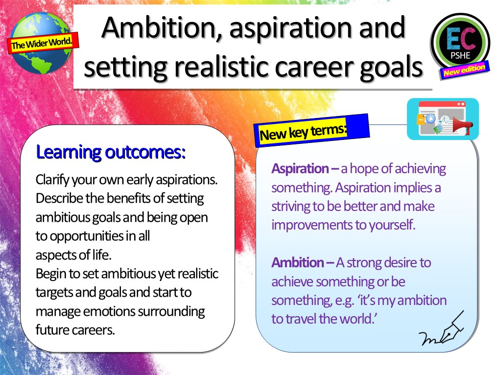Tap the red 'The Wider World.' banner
click(x=43, y=43)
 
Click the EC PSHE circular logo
click(x=460, y=43)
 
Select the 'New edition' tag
click(x=464, y=70)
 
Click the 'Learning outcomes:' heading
click(x=111, y=152)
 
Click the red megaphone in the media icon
click(x=463, y=125)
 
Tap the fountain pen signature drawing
click(x=442, y=328)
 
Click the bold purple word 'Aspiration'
click(x=300, y=169)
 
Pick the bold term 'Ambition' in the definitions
click(x=298, y=263)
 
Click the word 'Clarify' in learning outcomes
click(x=52, y=180)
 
